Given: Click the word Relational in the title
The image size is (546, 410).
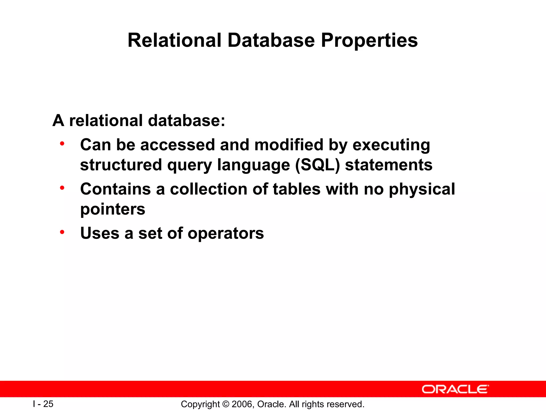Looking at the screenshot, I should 174,41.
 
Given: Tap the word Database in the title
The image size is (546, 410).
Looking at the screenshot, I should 271,41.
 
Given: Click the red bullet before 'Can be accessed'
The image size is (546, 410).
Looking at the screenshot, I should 62,144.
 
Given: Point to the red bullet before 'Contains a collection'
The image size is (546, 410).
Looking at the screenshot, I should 62,188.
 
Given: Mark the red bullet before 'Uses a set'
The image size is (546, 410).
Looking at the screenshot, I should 62,232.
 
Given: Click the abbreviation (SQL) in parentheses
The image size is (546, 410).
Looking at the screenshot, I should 318,165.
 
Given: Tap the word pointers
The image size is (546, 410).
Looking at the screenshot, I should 113,210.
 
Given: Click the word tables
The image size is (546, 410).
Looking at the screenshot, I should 296,189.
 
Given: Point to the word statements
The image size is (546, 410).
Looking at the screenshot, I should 389,165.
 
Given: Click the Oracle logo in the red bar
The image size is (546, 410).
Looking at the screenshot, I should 455,389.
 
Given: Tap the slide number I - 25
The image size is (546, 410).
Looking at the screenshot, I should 43,404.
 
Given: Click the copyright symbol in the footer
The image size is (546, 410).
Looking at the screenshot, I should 226,404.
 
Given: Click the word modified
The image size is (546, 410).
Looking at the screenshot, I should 289,145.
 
